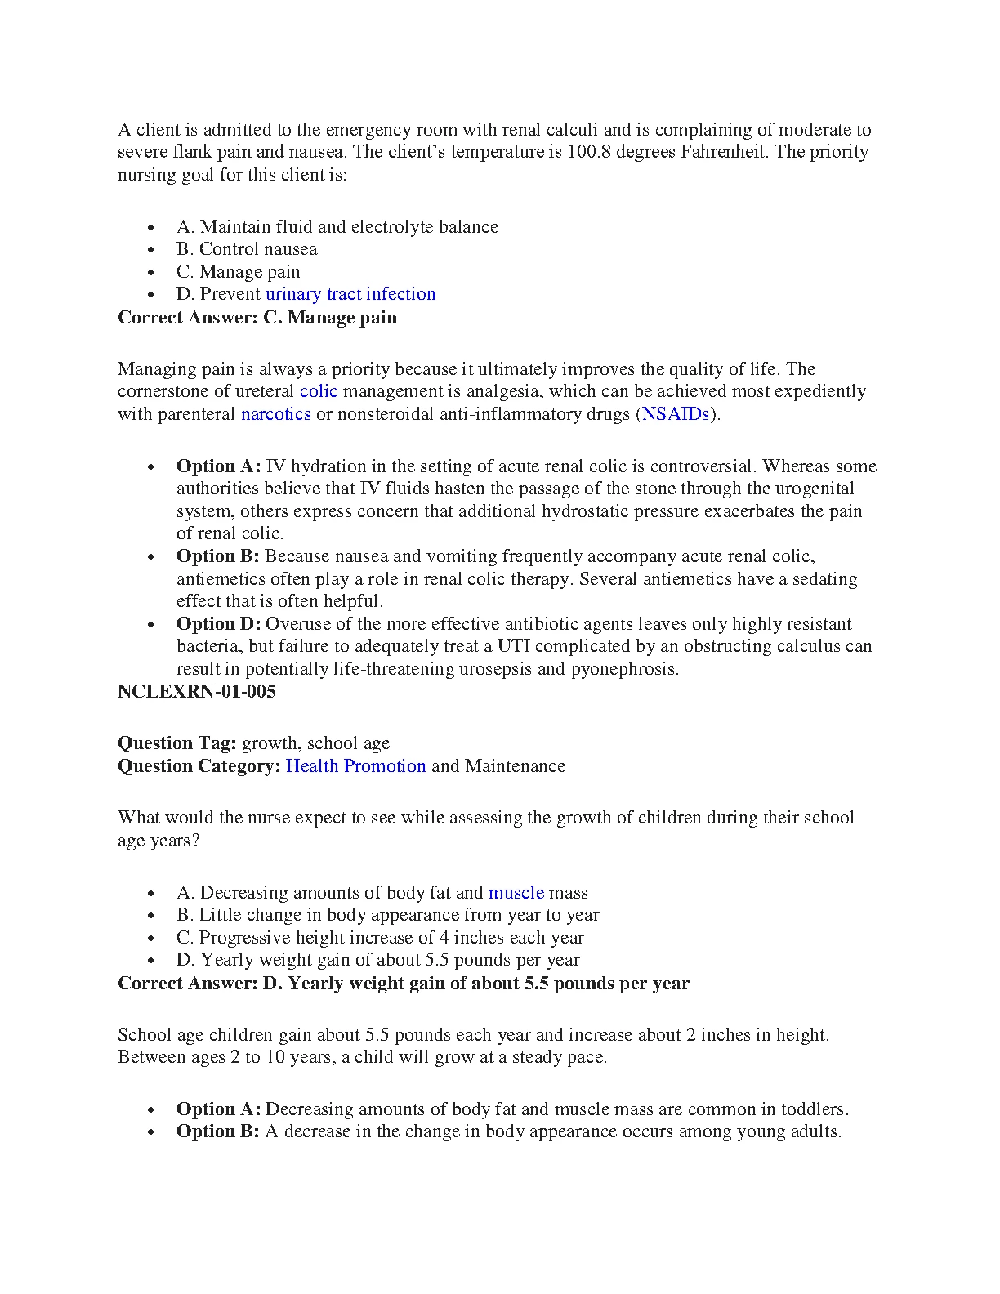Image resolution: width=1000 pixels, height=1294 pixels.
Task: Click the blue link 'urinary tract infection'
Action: point(350,294)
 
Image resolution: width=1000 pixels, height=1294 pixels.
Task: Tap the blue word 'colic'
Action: point(318,391)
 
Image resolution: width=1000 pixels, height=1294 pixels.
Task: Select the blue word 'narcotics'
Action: point(275,414)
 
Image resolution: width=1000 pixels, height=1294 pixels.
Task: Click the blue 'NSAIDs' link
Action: point(675,414)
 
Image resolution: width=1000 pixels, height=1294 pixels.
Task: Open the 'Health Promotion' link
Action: point(355,766)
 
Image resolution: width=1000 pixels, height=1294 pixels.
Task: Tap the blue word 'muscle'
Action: point(516,893)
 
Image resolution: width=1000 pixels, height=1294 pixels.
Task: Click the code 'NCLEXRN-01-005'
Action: point(196,692)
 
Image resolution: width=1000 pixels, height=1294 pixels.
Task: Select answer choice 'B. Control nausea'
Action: point(246,249)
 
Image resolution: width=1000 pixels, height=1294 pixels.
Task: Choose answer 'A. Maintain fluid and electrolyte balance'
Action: point(337,227)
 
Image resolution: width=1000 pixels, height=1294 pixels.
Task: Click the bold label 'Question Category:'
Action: point(199,766)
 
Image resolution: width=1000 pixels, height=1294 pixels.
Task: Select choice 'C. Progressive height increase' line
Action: point(380,938)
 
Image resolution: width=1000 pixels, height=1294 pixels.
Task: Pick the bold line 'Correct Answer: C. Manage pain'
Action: point(257,318)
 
